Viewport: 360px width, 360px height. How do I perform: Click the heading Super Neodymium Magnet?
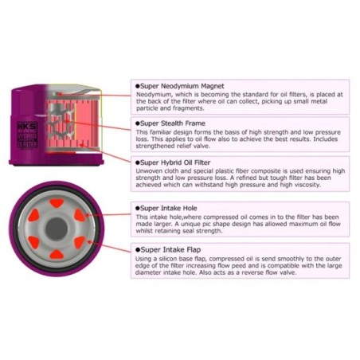(x=182, y=86)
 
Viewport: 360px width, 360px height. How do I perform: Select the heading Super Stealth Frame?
(x=173, y=123)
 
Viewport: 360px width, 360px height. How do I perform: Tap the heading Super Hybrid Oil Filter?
(x=175, y=162)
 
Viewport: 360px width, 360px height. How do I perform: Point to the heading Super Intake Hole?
(x=169, y=209)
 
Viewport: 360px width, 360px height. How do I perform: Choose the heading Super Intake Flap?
(x=170, y=250)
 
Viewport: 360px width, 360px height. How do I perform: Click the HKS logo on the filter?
(x=27, y=127)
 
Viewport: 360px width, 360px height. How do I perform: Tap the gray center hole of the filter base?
(x=57, y=229)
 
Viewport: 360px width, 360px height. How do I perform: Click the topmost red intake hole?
(x=57, y=203)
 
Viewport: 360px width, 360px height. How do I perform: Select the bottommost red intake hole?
(x=57, y=255)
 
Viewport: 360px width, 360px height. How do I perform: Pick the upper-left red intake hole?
(x=34, y=215)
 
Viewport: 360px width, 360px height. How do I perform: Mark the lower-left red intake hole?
(x=34, y=242)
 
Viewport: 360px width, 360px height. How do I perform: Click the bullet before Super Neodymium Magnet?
(x=138, y=86)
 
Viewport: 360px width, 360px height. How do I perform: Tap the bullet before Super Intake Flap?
(x=138, y=250)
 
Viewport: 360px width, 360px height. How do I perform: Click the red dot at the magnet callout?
(x=61, y=94)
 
